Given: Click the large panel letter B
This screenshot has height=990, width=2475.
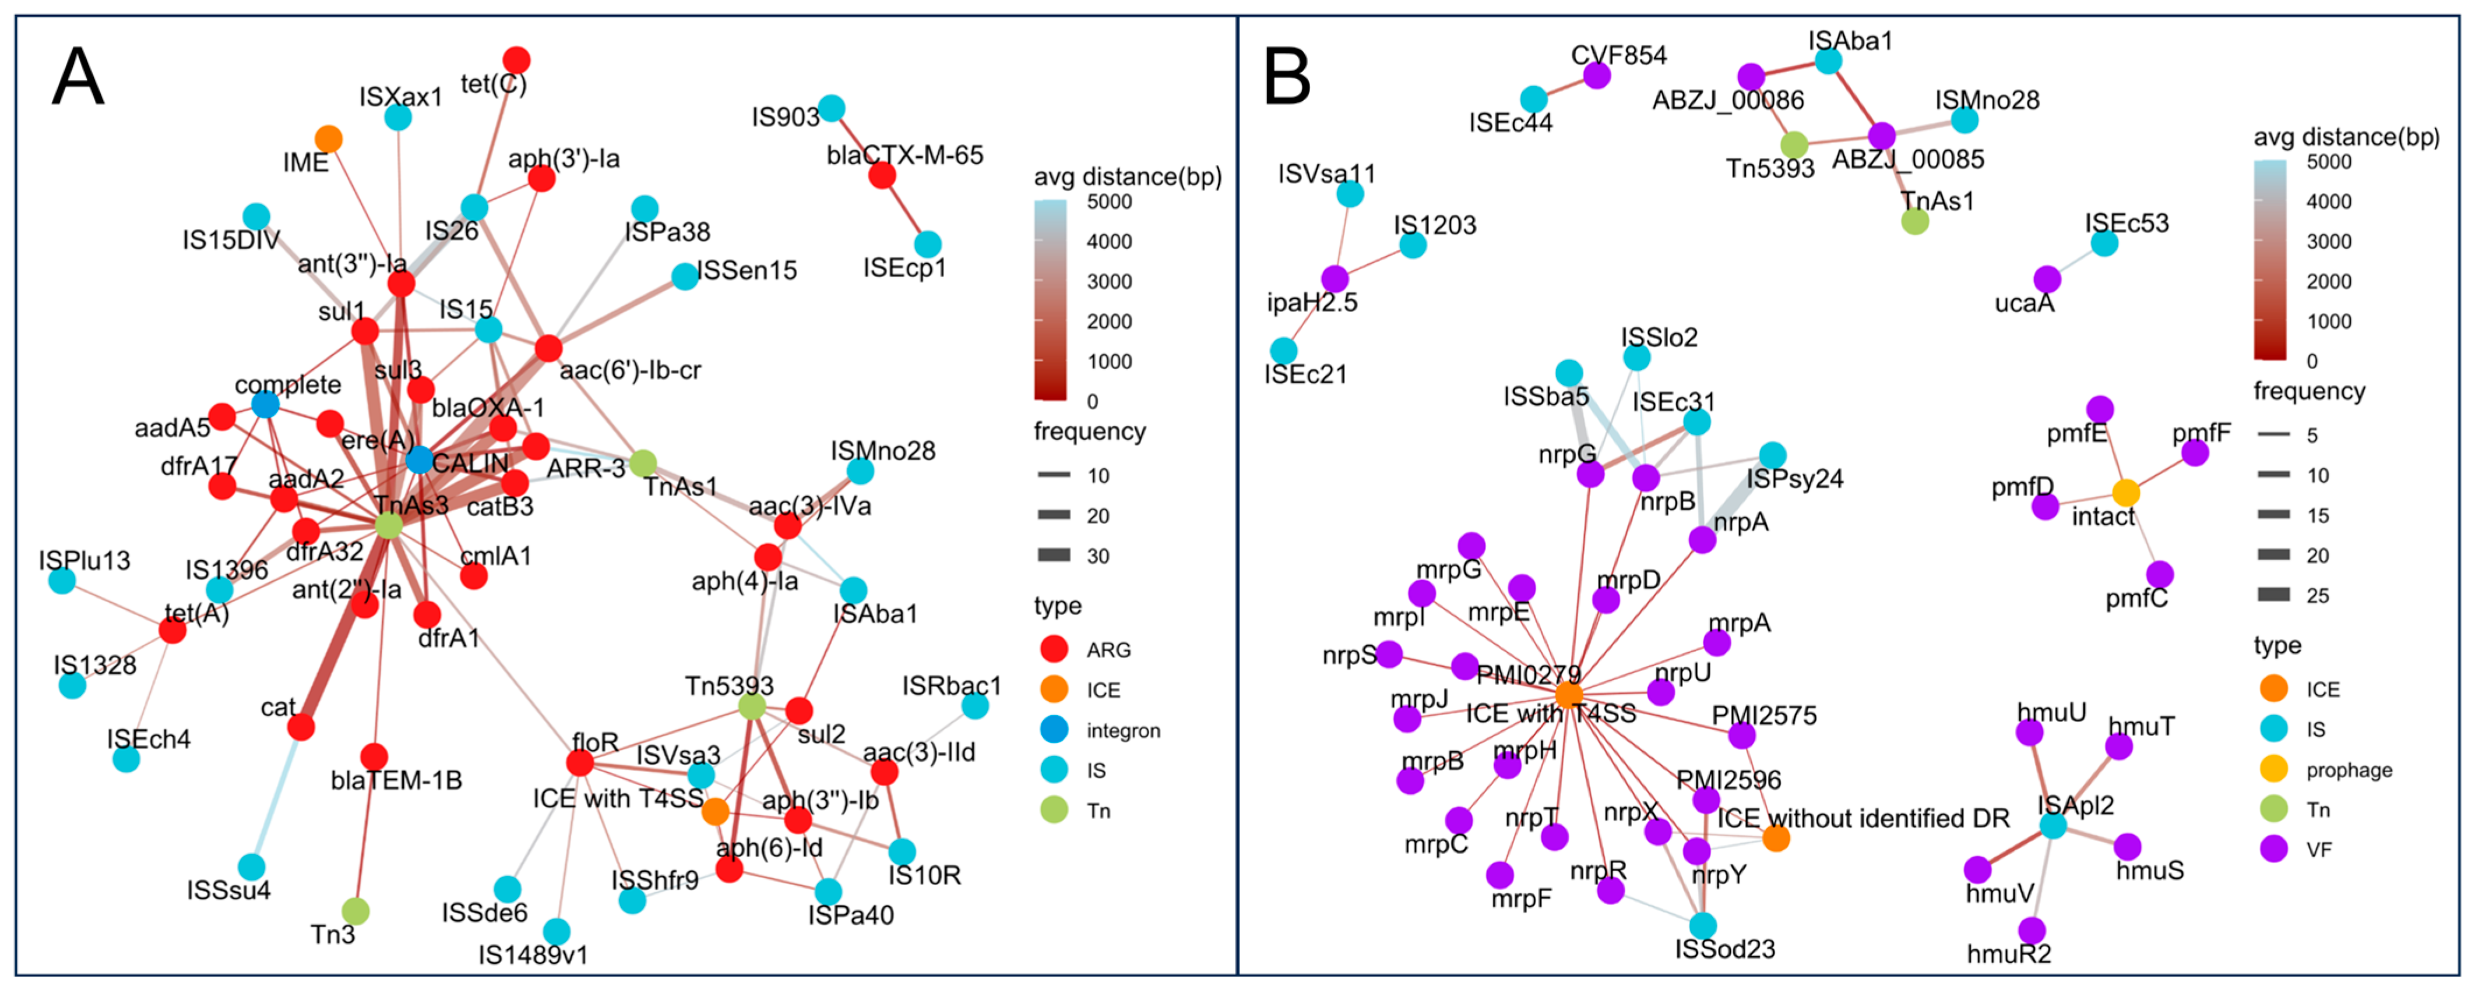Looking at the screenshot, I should tap(1287, 77).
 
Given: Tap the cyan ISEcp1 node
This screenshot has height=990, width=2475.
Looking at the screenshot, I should tap(927, 244).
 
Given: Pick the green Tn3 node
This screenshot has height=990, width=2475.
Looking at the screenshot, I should tap(355, 910).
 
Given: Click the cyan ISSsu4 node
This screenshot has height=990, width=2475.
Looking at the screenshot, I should tap(252, 867).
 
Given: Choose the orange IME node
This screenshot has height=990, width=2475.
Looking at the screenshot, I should tap(329, 138).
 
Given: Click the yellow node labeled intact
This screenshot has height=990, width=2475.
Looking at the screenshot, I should tap(2127, 493).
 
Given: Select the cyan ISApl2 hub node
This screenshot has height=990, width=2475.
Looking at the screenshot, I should tap(2053, 825).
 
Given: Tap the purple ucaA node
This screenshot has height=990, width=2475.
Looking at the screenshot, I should tap(2047, 280).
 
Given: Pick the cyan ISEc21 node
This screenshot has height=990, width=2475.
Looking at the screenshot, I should tap(1284, 351).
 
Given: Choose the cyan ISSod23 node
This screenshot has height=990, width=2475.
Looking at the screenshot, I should tap(1702, 926).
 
